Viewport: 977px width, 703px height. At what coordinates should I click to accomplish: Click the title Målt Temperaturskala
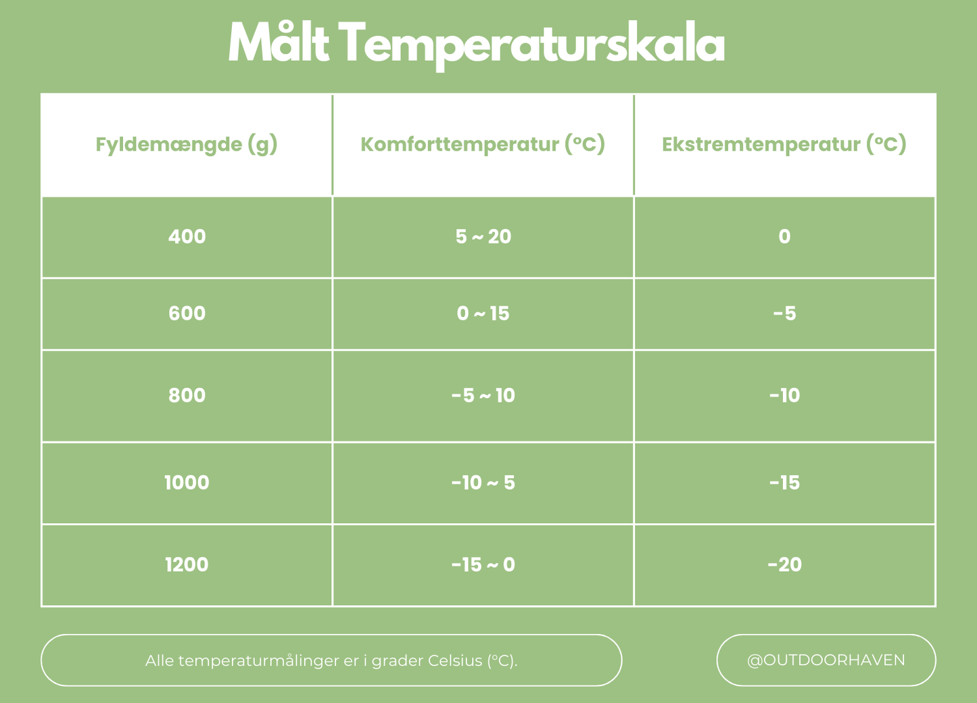point(476,44)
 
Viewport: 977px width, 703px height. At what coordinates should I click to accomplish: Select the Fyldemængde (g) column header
point(187,145)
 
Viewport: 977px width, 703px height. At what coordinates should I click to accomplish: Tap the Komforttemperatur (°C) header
point(483,145)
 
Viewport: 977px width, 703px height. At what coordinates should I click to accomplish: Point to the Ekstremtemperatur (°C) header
point(784,145)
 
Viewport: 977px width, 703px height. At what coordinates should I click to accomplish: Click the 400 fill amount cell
point(187,237)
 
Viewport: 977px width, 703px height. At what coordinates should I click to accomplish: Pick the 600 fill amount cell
point(187,314)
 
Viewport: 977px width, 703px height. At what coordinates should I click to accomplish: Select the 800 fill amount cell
point(187,395)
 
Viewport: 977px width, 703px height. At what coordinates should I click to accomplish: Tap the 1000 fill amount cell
point(187,483)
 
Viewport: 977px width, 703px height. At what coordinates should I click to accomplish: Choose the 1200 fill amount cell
point(187,564)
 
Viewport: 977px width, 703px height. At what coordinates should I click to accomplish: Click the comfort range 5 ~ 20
point(483,237)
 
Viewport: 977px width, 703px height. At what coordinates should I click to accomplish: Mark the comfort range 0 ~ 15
point(483,314)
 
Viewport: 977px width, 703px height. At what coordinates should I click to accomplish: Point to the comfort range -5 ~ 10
point(483,395)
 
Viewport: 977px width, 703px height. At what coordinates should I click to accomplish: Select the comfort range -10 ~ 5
point(483,483)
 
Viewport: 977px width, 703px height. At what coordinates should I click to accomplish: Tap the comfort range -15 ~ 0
point(483,564)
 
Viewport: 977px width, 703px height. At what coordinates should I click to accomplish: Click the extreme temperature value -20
point(784,564)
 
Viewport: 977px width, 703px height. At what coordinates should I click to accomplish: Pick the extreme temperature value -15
point(784,483)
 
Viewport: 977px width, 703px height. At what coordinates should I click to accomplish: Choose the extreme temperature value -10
point(784,395)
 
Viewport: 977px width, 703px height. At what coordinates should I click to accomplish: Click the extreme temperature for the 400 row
point(784,237)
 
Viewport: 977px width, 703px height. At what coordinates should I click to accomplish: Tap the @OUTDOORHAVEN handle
point(826,660)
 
